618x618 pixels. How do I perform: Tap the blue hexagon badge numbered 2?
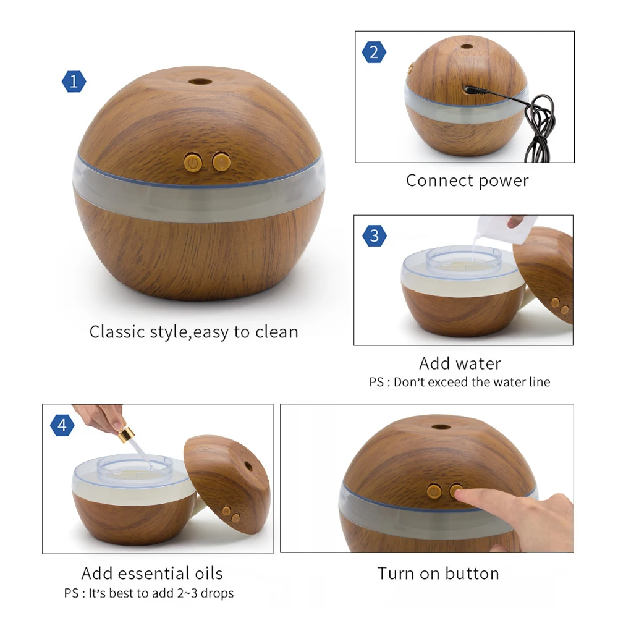click(374, 53)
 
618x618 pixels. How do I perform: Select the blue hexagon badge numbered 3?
click(374, 235)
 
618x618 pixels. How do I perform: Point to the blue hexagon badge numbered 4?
click(62, 425)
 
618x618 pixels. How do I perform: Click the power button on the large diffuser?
click(194, 163)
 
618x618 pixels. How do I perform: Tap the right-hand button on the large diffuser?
click(220, 163)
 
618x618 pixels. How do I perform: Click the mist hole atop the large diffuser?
click(198, 81)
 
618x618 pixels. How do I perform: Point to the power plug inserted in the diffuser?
click(476, 91)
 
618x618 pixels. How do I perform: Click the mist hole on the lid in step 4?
click(248, 465)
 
